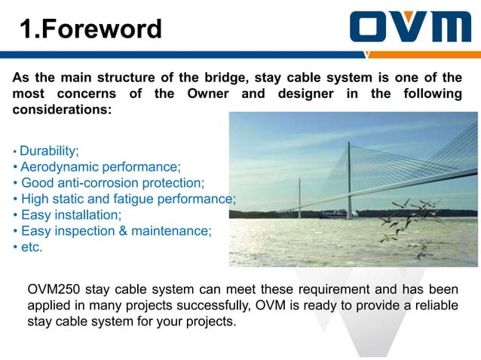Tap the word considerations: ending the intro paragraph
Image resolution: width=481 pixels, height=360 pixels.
pos(62,109)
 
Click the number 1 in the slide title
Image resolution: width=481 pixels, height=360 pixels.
pos(26,29)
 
